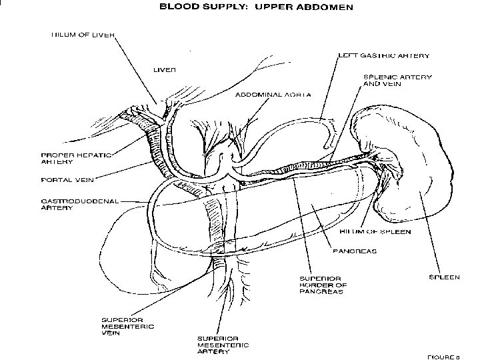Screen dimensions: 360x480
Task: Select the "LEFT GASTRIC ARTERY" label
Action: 383,56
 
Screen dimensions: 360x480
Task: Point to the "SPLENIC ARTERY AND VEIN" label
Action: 397,81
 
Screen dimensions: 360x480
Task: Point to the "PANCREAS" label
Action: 355,251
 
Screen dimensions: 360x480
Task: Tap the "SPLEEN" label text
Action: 443,277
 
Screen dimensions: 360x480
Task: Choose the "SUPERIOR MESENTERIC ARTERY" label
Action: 222,345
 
